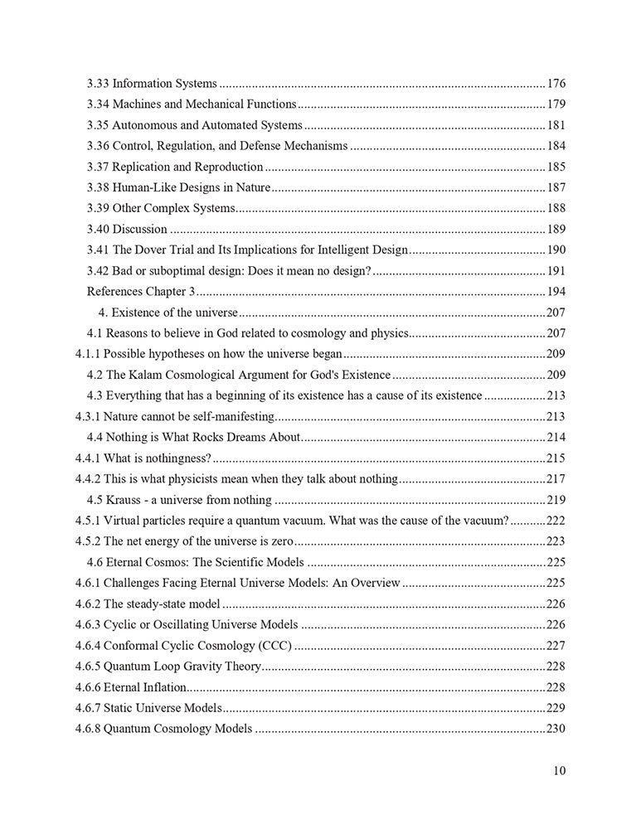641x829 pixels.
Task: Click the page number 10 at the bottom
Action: pos(559,770)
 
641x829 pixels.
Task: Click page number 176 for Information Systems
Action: pos(556,84)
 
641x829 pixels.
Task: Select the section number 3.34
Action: pos(98,104)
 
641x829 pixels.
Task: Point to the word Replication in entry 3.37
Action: pos(143,167)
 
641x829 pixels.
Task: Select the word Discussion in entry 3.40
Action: pos(140,229)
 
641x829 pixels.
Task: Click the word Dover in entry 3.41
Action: pos(153,250)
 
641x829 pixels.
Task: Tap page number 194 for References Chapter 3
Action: pos(556,291)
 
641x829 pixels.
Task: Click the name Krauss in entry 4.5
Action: pos(131,499)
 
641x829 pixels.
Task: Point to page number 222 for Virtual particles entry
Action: pos(556,520)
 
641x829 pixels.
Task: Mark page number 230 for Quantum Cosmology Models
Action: pos(556,729)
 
